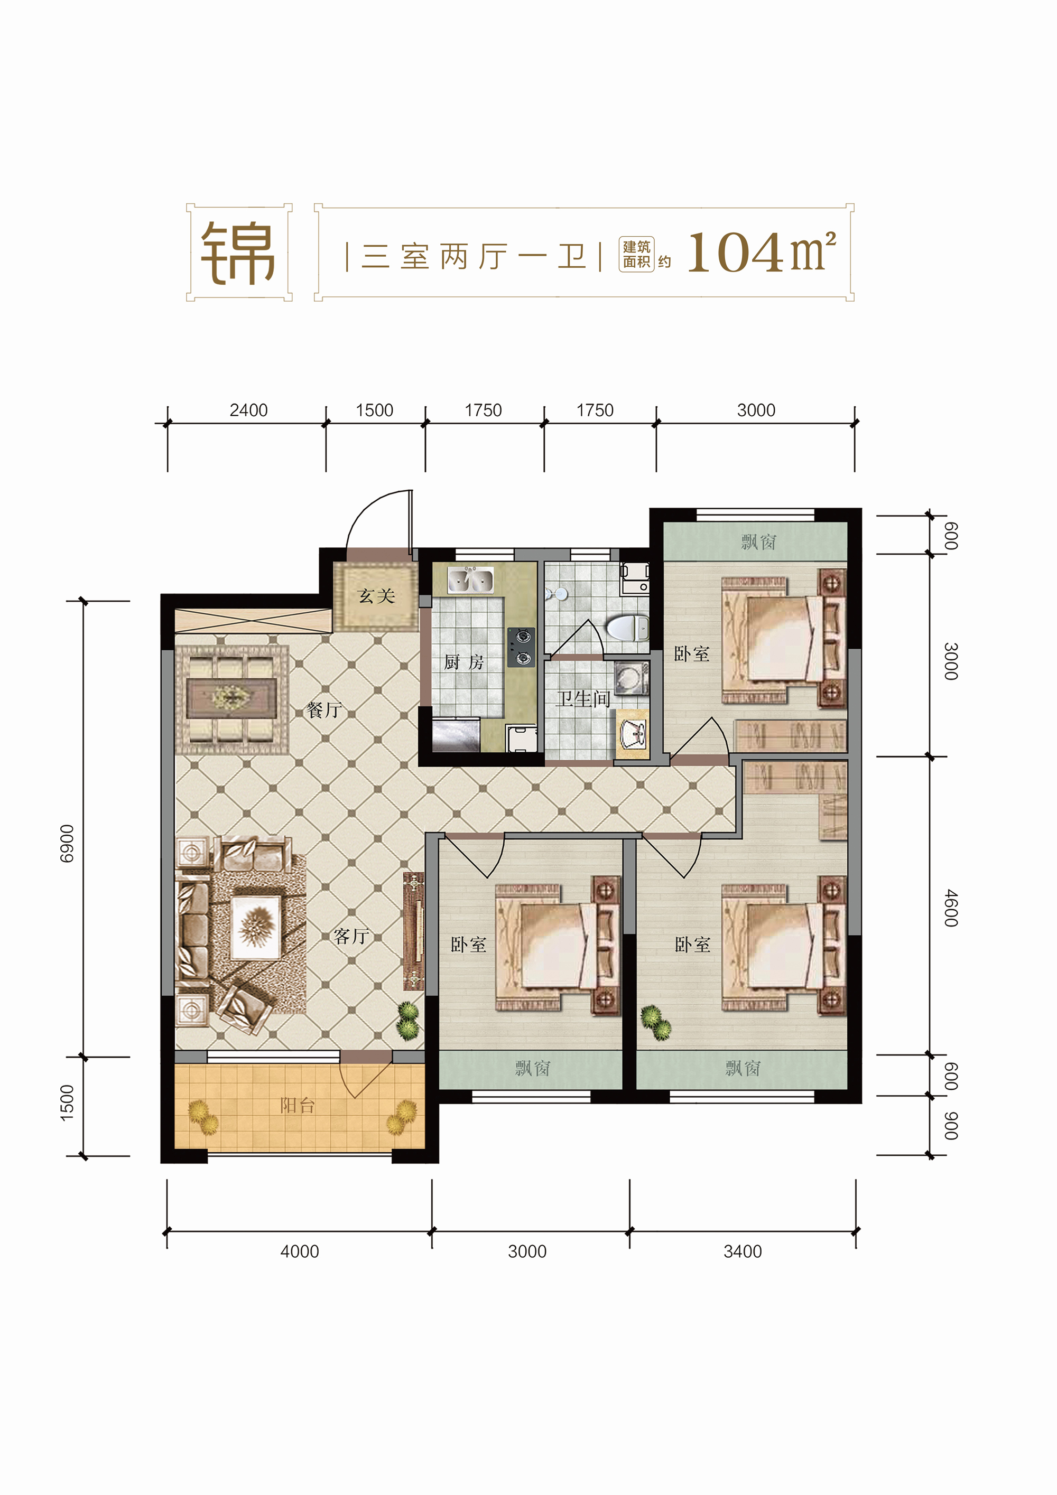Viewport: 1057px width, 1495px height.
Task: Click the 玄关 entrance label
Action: click(x=376, y=596)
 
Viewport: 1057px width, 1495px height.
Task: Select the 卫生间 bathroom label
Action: click(x=583, y=699)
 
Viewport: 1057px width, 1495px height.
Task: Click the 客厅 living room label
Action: click(x=351, y=936)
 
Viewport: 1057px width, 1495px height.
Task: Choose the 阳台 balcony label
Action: click(x=298, y=1105)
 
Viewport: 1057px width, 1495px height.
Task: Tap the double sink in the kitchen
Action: click(x=470, y=580)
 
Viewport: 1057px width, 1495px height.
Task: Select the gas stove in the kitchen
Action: click(x=521, y=647)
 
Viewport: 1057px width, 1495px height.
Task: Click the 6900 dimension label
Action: click(x=67, y=843)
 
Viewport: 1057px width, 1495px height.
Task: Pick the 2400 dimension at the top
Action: click(x=248, y=410)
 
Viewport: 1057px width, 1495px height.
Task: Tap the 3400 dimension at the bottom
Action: click(x=743, y=1251)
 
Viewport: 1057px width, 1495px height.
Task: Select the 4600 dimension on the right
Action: click(x=951, y=908)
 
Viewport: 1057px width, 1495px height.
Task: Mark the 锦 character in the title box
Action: click(x=238, y=253)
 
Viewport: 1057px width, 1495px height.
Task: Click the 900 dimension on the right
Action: click(x=951, y=1126)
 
